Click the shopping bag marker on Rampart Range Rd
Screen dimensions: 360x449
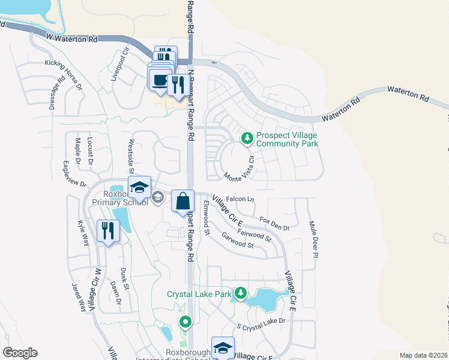(x=183, y=201)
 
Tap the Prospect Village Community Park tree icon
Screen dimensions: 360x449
(x=247, y=139)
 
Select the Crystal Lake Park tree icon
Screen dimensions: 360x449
(x=241, y=293)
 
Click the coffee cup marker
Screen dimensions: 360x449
(x=160, y=80)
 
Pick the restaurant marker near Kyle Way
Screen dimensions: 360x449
(x=108, y=231)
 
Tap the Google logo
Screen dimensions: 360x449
(x=20, y=353)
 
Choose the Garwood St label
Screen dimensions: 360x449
(x=238, y=241)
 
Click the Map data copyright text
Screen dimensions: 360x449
(x=423, y=355)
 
